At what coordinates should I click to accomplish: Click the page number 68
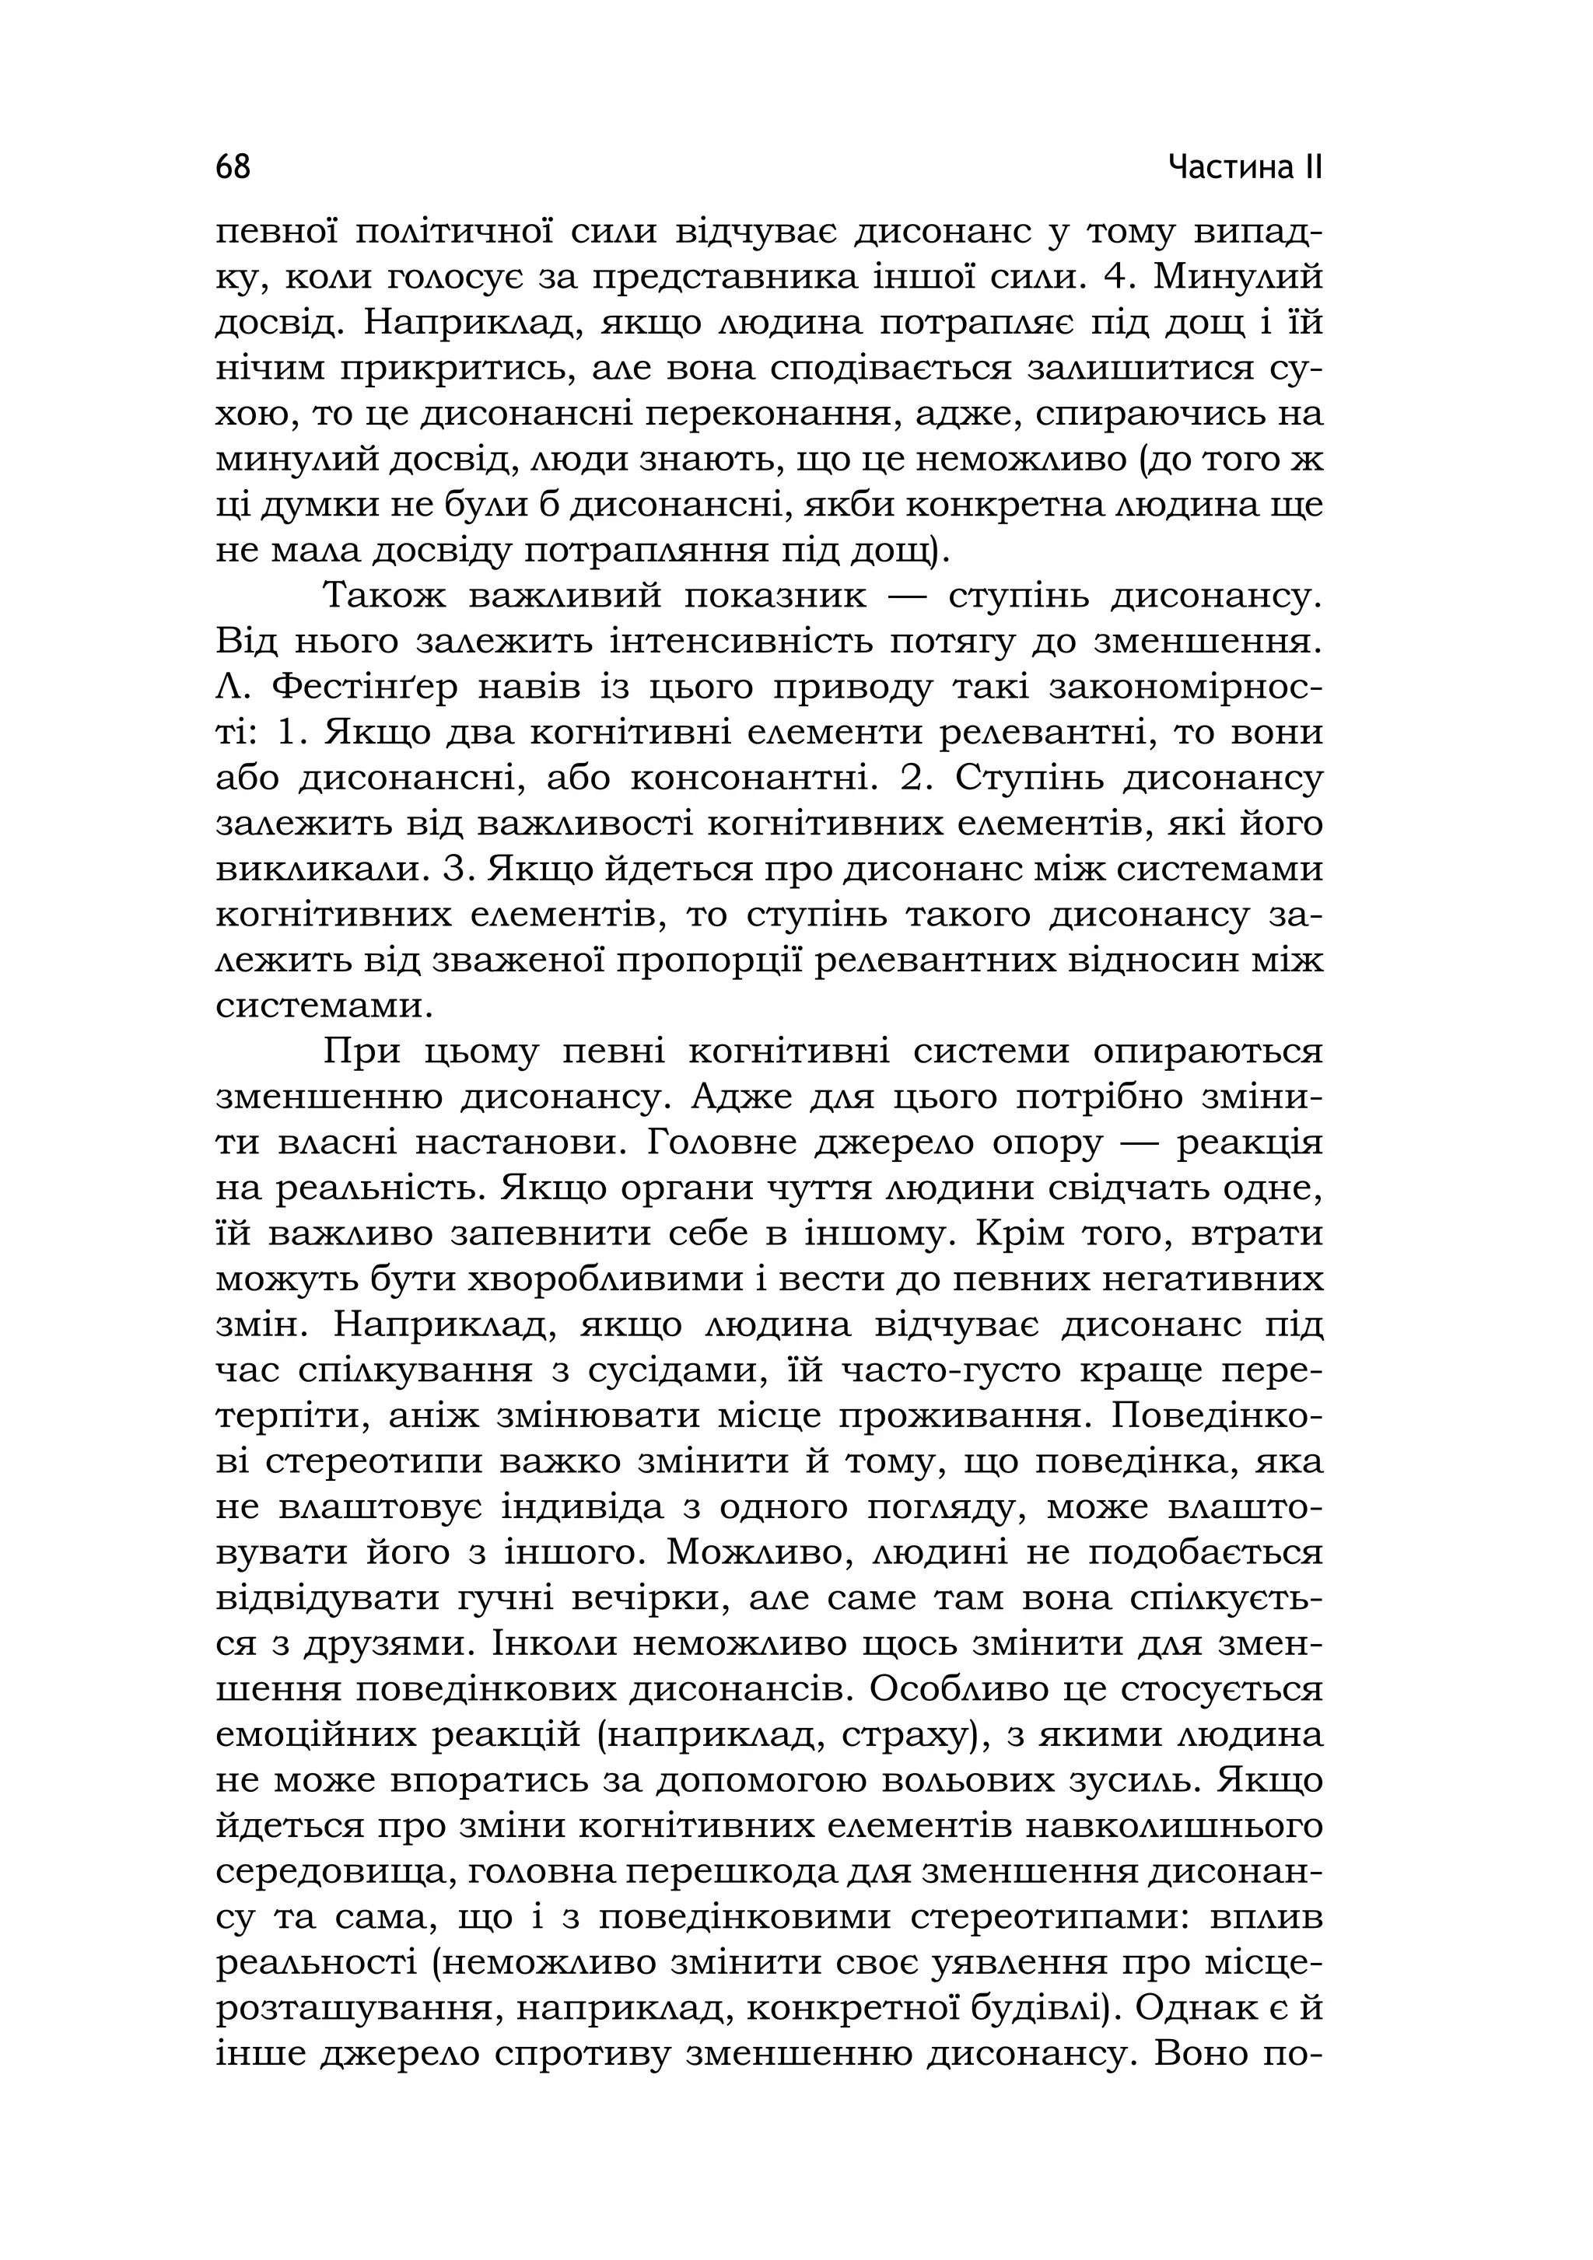[x=233, y=167]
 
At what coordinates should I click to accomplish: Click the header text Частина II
[x=1245, y=167]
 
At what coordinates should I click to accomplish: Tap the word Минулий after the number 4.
[x=1238, y=278]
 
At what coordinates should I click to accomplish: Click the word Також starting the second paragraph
[x=384, y=596]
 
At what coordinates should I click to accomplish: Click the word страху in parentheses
[x=905, y=1735]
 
